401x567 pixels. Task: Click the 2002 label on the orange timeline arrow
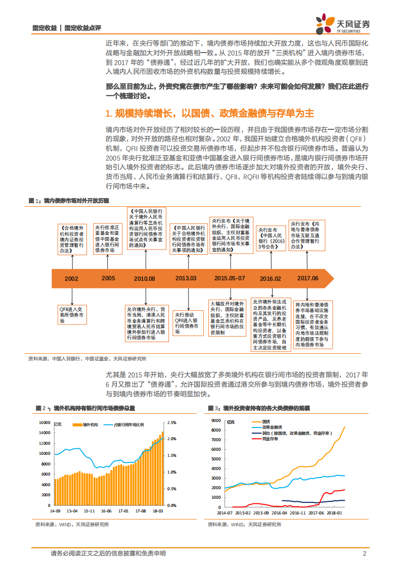(71, 278)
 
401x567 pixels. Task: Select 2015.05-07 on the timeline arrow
(230, 278)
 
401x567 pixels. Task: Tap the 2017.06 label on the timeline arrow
(308, 278)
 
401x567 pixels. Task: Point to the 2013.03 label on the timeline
(187, 278)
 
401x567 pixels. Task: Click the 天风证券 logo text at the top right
(352, 22)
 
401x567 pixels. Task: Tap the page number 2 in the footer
(364, 554)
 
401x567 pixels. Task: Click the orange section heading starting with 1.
(210, 113)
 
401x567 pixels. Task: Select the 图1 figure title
(69, 201)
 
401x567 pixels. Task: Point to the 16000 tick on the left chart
(43, 422)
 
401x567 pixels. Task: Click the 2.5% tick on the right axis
(172, 422)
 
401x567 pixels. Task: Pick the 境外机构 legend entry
(89, 425)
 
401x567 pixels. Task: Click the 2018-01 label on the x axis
(334, 511)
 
